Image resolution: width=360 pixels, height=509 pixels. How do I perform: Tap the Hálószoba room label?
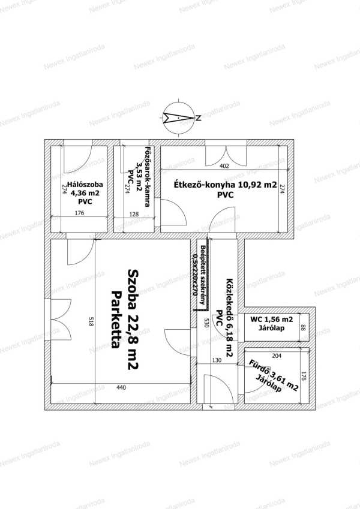point(85,185)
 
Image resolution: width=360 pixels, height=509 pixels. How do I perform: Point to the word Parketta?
point(116,320)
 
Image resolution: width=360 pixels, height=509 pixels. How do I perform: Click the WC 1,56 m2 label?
point(272,319)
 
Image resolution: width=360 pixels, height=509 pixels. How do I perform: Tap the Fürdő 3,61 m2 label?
point(273,375)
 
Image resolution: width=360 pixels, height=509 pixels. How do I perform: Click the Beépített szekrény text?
point(202,275)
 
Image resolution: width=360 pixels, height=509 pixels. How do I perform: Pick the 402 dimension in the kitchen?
point(224,166)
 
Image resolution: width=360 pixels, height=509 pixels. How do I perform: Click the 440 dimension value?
point(121,387)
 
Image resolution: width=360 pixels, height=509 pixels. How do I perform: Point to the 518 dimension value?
point(91,322)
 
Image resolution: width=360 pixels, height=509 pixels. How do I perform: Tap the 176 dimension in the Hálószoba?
point(79,213)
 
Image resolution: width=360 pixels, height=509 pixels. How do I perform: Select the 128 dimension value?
point(134,214)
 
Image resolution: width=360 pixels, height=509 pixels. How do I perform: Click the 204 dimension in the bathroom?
point(277,356)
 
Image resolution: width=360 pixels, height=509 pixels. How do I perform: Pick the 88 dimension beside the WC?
point(303,327)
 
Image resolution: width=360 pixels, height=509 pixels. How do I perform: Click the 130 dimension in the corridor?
point(217,360)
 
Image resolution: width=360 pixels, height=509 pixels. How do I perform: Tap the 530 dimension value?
point(205,323)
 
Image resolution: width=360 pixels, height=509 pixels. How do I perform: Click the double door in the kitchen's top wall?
point(226,156)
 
